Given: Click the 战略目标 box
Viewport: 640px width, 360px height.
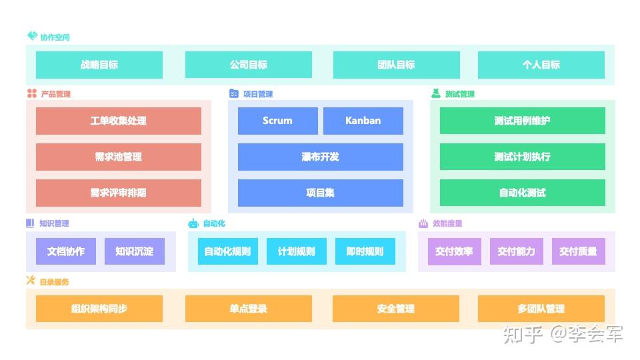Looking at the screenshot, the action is pos(99,65).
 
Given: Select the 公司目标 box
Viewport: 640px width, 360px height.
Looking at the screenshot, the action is pos(249,65).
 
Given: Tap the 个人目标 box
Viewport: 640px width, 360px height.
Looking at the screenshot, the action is pos(541,65).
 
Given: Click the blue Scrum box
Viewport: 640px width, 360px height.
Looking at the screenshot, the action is pos(277,121).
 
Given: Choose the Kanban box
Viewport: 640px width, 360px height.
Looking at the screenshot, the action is pos(363,121).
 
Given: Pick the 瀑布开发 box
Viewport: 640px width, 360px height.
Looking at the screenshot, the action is pos(321,157).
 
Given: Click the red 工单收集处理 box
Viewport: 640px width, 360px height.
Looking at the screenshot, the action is pos(119,121).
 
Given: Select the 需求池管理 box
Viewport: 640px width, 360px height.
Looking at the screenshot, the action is pos(119,157).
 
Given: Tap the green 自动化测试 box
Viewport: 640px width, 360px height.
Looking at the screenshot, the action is pos(523,193).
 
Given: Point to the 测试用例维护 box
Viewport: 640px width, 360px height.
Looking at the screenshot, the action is pos(523,121).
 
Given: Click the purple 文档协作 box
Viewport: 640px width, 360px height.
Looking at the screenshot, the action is pos(66,251).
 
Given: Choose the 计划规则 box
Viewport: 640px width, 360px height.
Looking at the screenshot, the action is pos(296,251).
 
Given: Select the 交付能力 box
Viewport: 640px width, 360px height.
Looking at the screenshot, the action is pos(516,251).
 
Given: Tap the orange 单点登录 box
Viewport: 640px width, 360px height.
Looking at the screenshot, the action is pos(249,309).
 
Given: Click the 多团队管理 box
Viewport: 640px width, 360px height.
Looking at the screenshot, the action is pos(541,309).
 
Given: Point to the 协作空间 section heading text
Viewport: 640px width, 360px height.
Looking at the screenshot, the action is pos(55,37).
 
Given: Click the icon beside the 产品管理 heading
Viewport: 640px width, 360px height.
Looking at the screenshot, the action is pos(32,93).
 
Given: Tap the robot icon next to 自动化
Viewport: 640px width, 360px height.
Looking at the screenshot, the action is pos(193,223).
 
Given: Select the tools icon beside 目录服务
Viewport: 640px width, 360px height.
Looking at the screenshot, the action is pos(31,280).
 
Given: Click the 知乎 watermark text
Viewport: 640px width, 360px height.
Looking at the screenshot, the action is pos(523,334).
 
